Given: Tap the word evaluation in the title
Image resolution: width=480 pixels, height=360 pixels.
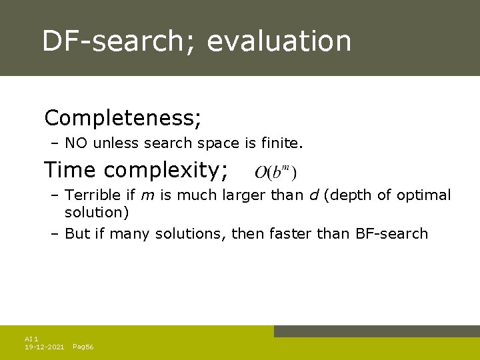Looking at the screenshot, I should click(279, 41).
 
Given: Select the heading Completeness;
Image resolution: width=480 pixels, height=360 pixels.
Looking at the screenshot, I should click(123, 118).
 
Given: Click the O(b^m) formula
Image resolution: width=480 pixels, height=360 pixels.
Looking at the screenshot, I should click(275, 173).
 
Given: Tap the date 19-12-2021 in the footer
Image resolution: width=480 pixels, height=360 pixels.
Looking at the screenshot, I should click(45, 347).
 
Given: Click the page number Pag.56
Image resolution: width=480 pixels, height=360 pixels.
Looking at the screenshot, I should click(83, 347).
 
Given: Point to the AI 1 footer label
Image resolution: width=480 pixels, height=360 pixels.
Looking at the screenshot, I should click(31, 339).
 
